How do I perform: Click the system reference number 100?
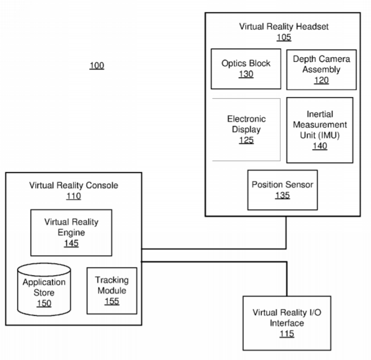pos(97,66)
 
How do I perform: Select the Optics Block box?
pos(246,69)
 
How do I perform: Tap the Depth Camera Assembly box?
pos(321,70)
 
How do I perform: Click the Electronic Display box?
pos(246,130)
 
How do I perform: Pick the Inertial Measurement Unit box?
pos(319,130)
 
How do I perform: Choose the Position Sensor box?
pos(283,190)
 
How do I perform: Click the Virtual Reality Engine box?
pos(71,233)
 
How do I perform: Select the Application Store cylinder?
pos(44,290)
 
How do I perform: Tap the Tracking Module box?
pos(112,291)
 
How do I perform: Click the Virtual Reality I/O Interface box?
pos(287,323)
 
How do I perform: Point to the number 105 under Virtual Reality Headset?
pos(284,37)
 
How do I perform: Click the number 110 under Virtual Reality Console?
pos(74,196)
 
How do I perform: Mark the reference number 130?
pos(246,74)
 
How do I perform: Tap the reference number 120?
pos(321,81)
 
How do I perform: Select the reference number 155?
pos(112,302)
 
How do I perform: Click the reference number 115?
pos(287,334)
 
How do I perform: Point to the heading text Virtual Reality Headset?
pos(284,27)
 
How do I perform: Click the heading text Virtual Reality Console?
pos(74,185)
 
